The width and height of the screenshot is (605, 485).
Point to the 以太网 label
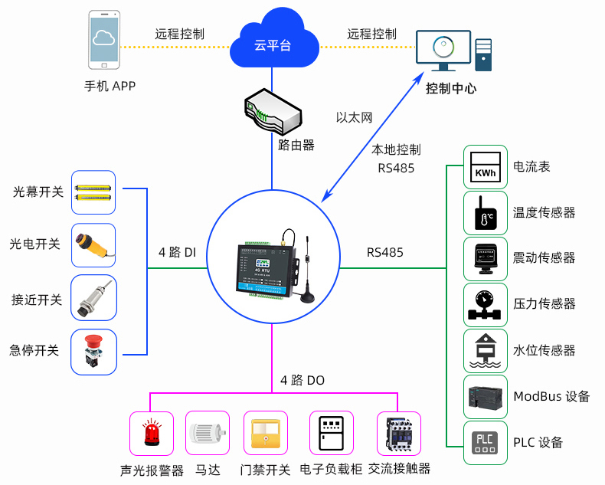(354, 118)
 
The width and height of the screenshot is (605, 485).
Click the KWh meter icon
(485, 167)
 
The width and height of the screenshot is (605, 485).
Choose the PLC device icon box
(485, 442)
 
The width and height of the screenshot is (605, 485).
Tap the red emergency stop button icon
(93, 352)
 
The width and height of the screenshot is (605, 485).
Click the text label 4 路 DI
(177, 252)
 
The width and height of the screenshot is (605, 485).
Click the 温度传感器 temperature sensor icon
(485, 213)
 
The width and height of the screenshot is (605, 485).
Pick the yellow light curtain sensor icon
(93, 192)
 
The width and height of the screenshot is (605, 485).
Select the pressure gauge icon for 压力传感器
(485, 305)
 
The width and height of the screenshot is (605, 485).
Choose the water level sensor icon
(485, 351)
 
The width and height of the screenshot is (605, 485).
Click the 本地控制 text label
(396, 150)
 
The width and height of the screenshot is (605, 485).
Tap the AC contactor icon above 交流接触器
(399, 434)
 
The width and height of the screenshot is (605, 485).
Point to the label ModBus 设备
(551, 397)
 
